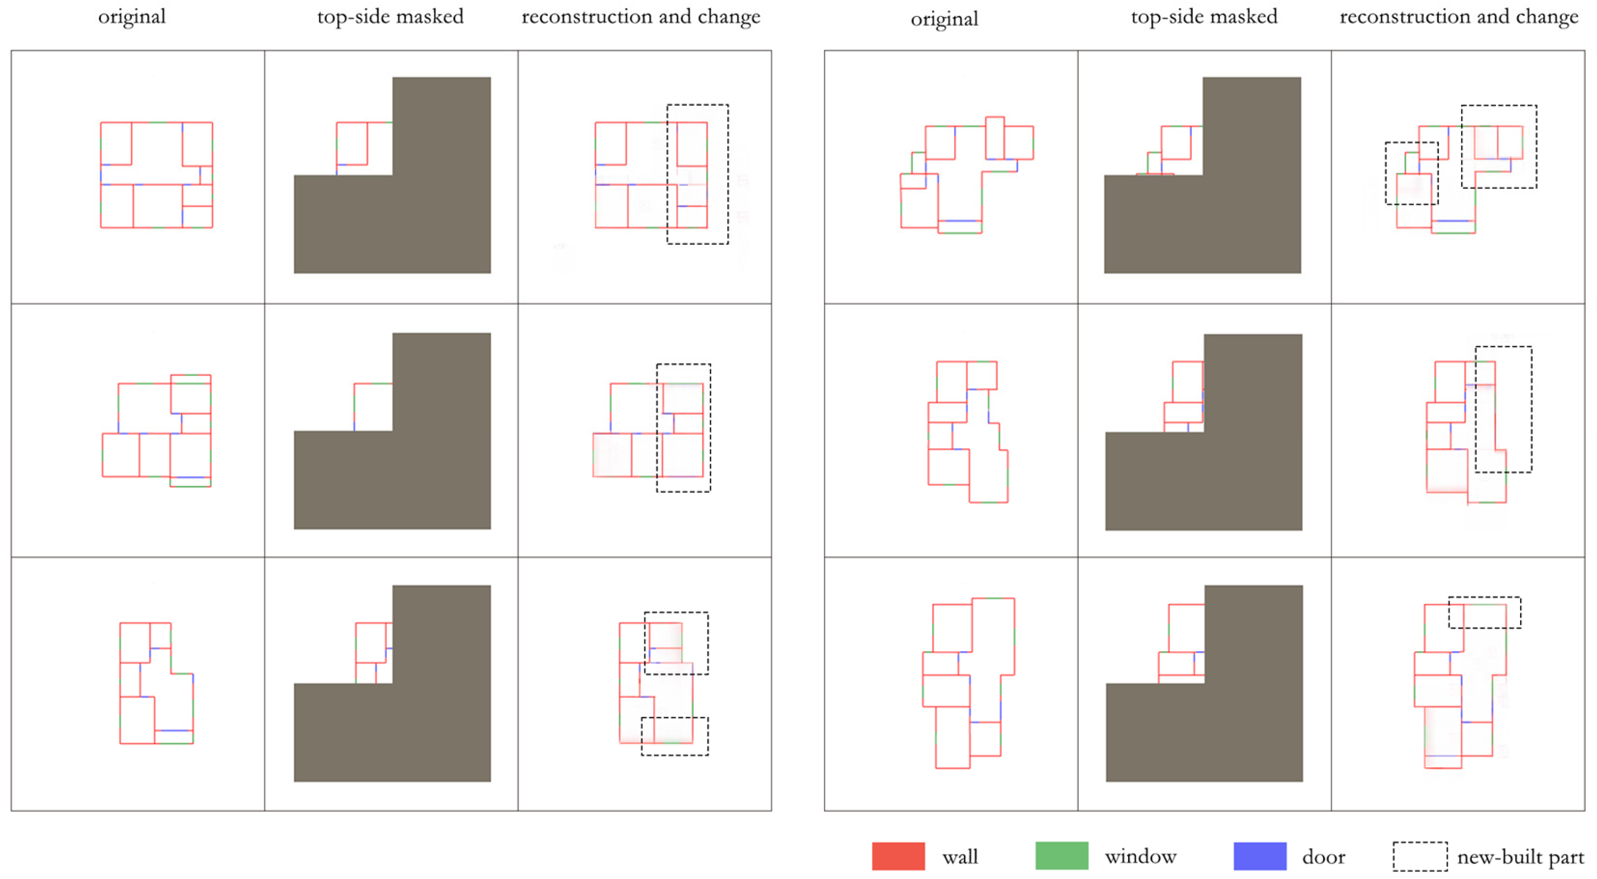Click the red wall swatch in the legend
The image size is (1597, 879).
click(x=898, y=856)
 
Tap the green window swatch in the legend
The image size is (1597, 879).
click(x=1061, y=856)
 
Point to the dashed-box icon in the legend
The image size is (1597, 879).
click(x=1419, y=856)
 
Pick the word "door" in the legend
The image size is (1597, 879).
click(x=1323, y=857)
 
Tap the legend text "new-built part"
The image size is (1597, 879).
click(x=1520, y=857)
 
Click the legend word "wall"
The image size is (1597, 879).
click(x=960, y=857)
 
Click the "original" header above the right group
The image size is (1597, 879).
click(x=943, y=18)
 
